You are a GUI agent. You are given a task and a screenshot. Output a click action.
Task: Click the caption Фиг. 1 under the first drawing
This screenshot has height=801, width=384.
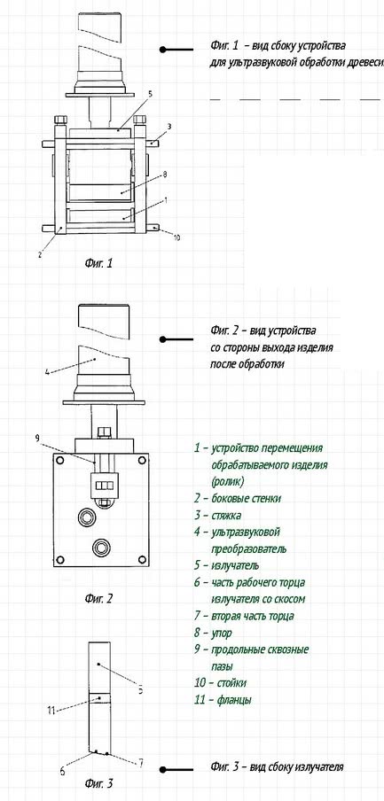click(x=98, y=263)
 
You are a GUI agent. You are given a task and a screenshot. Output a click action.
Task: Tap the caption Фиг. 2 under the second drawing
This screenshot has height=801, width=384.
click(x=98, y=598)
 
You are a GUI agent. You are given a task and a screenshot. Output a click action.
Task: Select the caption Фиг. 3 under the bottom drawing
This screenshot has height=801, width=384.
click(x=98, y=782)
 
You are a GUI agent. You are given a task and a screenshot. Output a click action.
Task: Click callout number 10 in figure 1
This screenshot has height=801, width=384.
click(x=176, y=237)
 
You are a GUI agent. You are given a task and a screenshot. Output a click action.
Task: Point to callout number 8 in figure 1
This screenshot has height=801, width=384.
click(x=165, y=175)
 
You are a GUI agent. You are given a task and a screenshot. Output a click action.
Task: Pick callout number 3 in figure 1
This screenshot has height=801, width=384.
click(x=168, y=126)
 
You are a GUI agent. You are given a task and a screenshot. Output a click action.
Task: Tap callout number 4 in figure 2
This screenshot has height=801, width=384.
click(x=47, y=372)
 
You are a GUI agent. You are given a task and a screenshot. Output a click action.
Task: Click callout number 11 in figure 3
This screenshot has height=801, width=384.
click(x=51, y=710)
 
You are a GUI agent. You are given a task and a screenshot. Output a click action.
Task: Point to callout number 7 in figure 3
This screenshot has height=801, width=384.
click(x=140, y=763)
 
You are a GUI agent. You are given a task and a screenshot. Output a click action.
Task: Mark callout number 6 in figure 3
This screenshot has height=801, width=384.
click(x=62, y=772)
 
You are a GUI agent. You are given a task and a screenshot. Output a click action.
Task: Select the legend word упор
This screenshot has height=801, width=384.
click(x=221, y=634)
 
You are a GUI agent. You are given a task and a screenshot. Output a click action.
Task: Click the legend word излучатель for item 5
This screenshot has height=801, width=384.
click(x=235, y=565)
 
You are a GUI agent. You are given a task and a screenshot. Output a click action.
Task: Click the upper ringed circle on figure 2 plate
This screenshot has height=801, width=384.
click(x=88, y=518)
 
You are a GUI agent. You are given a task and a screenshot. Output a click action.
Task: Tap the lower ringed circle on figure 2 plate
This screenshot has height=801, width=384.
click(x=101, y=548)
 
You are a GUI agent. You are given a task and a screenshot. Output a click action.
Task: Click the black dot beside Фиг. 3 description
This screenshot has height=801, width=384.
click(x=163, y=769)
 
